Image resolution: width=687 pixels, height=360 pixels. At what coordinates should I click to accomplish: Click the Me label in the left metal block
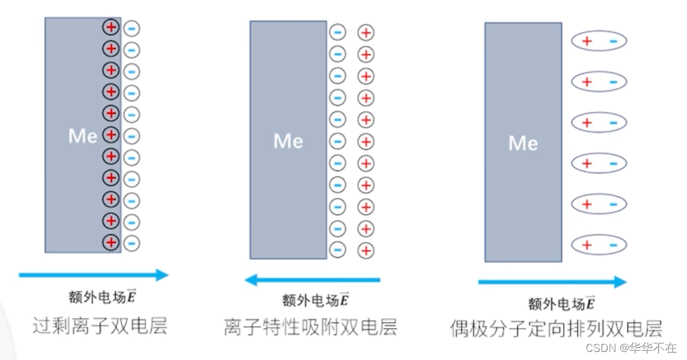click(x=83, y=136)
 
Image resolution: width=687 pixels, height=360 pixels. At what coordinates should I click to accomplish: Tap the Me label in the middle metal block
click(x=288, y=141)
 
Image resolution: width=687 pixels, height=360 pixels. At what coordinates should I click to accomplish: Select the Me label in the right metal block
click(x=523, y=143)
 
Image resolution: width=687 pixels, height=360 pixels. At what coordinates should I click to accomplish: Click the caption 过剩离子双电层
click(x=99, y=326)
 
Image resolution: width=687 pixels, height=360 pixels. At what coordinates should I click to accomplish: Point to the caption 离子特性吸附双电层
click(x=311, y=327)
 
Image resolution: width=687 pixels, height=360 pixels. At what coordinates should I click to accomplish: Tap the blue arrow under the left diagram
click(x=93, y=274)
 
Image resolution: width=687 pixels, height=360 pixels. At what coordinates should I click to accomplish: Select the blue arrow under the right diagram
click(x=552, y=282)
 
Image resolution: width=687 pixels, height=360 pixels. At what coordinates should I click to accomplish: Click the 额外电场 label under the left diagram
click(x=105, y=297)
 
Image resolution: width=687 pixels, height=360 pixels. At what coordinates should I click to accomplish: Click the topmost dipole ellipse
click(x=599, y=41)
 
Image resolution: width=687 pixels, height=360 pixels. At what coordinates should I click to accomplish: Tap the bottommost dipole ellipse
click(x=599, y=245)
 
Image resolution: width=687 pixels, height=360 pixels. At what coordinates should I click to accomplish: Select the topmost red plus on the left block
click(x=111, y=28)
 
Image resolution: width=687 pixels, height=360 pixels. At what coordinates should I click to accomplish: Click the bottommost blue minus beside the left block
click(x=132, y=242)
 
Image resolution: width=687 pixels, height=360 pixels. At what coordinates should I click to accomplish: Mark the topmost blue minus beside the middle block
click(x=338, y=32)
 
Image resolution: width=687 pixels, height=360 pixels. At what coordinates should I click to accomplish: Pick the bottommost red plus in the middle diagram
click(x=366, y=251)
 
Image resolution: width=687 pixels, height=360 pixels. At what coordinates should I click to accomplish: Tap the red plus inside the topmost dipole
click(x=587, y=41)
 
